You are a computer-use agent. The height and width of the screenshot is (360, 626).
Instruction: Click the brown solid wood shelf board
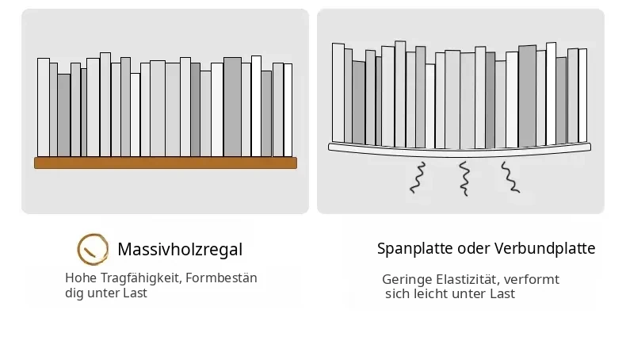(x=166, y=163)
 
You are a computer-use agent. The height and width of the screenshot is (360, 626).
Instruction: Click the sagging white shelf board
(x=459, y=152)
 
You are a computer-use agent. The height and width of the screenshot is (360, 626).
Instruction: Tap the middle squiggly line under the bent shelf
(x=464, y=178)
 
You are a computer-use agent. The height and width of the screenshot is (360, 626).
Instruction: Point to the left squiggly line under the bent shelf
(x=418, y=178)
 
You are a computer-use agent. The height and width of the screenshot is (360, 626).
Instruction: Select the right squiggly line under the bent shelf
(x=510, y=178)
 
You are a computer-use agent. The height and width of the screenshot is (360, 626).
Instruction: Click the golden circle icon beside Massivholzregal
(x=93, y=249)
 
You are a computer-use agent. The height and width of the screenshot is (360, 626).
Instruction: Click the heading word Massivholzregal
(x=180, y=249)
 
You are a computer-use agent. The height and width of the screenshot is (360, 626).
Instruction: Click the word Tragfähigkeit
(x=141, y=278)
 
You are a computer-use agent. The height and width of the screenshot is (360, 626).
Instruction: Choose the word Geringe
(x=407, y=280)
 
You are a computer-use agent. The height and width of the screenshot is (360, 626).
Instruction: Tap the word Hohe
(x=81, y=278)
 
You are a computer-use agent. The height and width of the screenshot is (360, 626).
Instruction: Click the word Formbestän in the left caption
(x=221, y=278)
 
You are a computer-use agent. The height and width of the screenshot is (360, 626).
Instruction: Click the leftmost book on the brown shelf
(x=44, y=108)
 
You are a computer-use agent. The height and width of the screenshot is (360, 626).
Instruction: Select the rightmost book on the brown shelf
(x=288, y=110)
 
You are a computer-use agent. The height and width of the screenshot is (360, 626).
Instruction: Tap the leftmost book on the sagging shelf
(x=338, y=93)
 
